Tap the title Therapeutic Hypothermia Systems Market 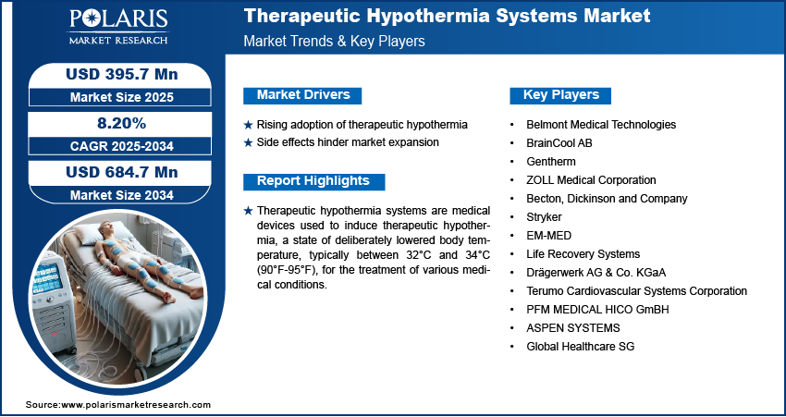(447, 16)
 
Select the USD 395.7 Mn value (115, 74)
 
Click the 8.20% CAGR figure (115, 123)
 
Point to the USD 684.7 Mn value (115, 172)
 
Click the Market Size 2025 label (115, 96)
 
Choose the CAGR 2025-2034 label (115, 145)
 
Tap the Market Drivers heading (302, 95)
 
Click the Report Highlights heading (313, 181)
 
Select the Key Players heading (561, 95)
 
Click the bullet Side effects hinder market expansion (348, 142)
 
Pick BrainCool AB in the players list (560, 142)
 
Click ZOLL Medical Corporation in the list (591, 179)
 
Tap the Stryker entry (544, 216)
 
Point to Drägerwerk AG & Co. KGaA (596, 272)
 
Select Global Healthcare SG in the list (580, 346)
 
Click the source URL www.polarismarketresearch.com (136, 405)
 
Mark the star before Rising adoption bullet (247, 125)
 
